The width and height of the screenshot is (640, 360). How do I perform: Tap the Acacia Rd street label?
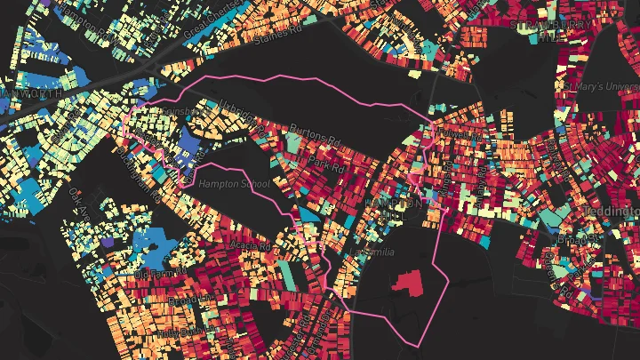tap(249, 244)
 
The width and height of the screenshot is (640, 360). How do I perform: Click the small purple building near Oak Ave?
tap(108, 241)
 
